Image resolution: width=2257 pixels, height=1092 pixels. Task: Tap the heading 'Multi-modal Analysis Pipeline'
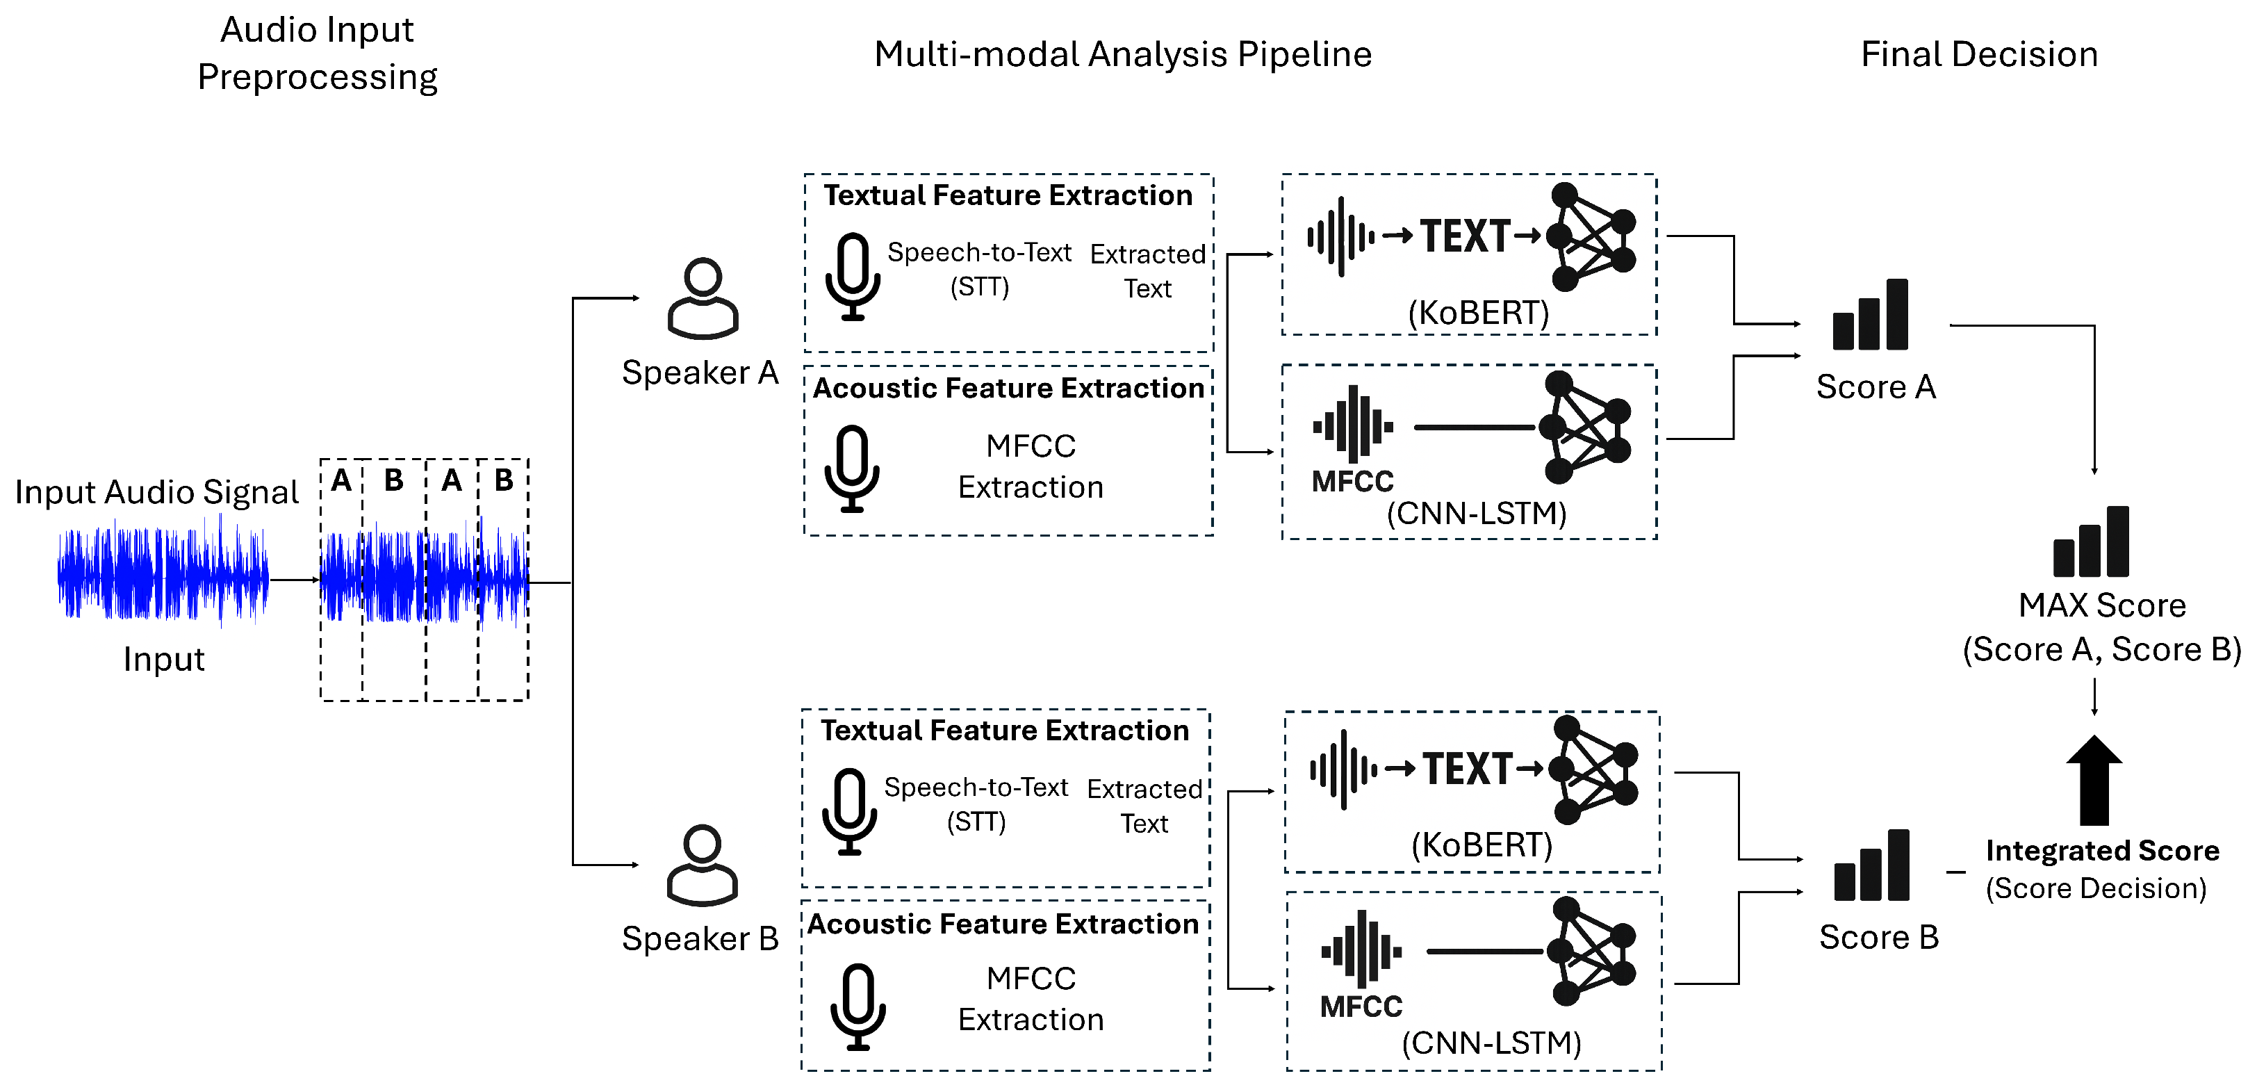coord(1122,54)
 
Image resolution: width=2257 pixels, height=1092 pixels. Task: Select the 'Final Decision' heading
coord(1978,54)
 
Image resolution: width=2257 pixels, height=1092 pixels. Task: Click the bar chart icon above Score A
coord(1870,316)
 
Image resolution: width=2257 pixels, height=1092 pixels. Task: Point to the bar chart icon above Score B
coord(1871,867)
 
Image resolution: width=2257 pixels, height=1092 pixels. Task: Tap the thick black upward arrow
coord(2094,780)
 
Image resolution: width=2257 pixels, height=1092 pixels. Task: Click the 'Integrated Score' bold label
coord(2102,850)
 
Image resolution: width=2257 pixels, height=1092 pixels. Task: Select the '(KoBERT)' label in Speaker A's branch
coord(1478,313)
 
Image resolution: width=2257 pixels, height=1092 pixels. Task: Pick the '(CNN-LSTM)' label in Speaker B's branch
coord(1491,1043)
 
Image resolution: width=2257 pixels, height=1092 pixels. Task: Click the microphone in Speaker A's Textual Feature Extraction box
coord(853,276)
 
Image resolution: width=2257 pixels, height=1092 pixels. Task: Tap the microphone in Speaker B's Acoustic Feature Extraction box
coord(857,1006)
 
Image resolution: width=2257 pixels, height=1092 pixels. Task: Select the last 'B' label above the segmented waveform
coord(504,480)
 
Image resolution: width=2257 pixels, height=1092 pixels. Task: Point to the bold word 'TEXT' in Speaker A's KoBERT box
coord(1465,236)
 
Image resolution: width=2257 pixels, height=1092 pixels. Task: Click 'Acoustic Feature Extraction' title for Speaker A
coord(1008,389)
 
